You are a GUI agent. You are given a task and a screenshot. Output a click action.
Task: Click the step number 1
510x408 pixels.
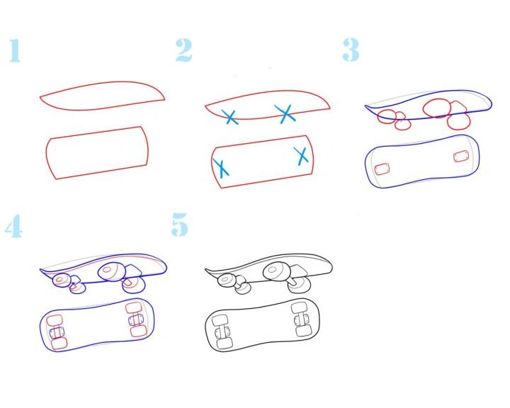pyautogui.click(x=15, y=50)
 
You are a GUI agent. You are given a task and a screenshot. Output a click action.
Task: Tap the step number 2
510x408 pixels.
pyautogui.click(x=183, y=50)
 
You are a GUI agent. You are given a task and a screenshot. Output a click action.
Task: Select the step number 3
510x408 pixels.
pyautogui.click(x=351, y=50)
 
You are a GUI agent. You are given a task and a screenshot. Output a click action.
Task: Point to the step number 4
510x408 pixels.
pyautogui.click(x=13, y=226)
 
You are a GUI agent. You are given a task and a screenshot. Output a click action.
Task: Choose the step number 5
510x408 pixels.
pyautogui.click(x=179, y=225)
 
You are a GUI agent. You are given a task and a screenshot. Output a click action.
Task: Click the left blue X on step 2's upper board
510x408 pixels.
pyautogui.click(x=230, y=117)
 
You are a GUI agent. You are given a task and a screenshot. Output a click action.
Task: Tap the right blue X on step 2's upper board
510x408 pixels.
pyautogui.click(x=285, y=113)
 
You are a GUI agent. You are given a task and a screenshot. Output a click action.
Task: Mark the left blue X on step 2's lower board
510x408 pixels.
pyautogui.click(x=221, y=168)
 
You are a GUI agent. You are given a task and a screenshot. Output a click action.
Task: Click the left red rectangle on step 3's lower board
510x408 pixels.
pyautogui.click(x=382, y=169)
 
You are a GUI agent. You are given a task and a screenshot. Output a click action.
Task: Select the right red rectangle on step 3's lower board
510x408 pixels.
pyautogui.click(x=461, y=156)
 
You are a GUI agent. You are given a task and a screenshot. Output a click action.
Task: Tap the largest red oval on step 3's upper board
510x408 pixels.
pyautogui.click(x=437, y=108)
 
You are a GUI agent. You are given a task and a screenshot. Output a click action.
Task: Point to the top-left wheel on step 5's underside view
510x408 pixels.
pyautogui.click(x=218, y=320)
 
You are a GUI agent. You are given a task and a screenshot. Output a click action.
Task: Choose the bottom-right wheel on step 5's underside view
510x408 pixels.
pyautogui.click(x=304, y=331)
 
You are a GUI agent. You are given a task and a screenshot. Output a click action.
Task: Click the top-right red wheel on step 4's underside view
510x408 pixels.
pyautogui.click(x=133, y=308)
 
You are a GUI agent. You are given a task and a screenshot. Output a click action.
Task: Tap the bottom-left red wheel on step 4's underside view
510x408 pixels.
pyautogui.click(x=59, y=344)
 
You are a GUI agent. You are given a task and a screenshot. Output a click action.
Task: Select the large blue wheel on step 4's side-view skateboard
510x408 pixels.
pyautogui.click(x=112, y=271)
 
